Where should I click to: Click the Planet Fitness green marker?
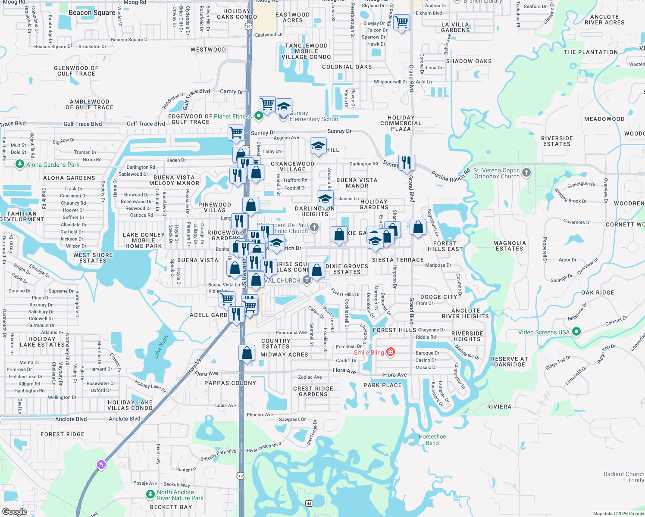point(259,116)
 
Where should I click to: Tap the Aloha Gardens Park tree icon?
point(19,164)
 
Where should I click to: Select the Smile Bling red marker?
point(390,352)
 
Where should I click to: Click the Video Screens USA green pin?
point(577,332)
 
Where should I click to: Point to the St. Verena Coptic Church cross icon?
point(526,173)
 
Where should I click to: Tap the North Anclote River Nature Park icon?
point(150,495)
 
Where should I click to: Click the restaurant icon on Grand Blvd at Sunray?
point(407,163)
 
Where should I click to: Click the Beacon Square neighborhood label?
point(92,12)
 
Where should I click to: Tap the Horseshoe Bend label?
point(432,439)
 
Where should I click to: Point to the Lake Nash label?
point(161,346)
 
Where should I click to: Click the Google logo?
point(14,511)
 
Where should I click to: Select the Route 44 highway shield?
point(309,503)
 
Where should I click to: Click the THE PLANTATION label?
point(591,52)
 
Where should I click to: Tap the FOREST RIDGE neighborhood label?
point(63,434)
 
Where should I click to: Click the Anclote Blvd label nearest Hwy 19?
point(125,419)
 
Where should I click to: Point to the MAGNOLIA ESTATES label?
point(509,246)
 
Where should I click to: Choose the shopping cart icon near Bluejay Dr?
point(401,22)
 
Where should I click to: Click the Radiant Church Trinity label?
point(624,477)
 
